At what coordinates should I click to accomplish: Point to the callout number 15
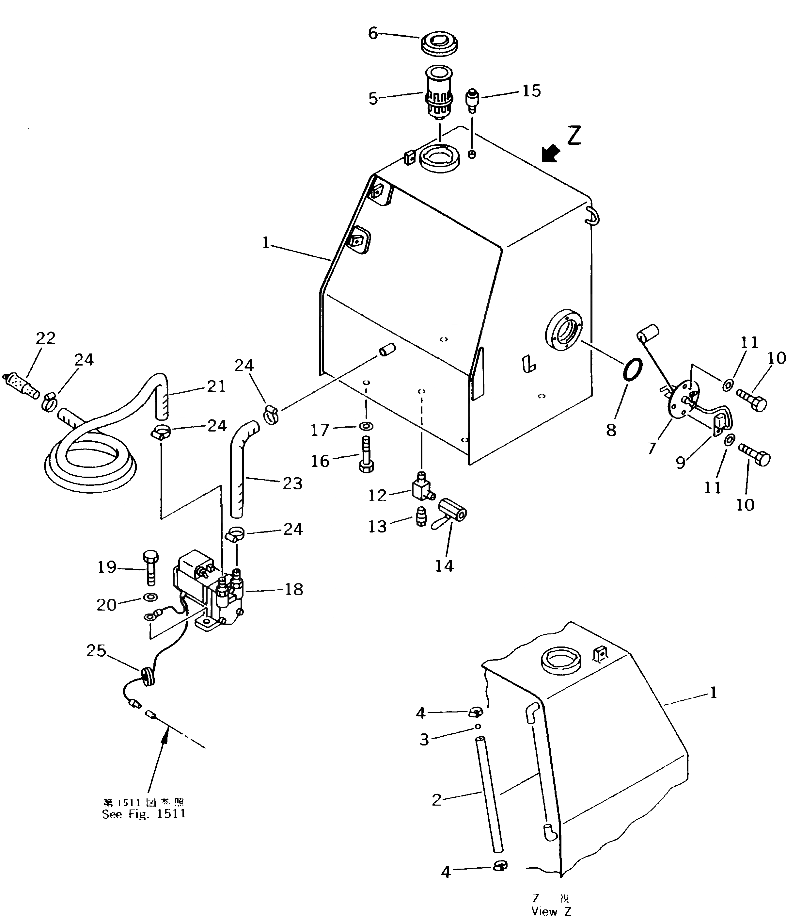coord(531,91)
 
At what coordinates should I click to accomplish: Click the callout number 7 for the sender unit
coord(652,448)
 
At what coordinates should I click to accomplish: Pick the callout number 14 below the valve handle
coord(444,565)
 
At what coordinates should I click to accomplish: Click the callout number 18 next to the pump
coord(294,589)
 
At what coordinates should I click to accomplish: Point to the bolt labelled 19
coord(150,568)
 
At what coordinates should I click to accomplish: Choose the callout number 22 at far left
coord(45,338)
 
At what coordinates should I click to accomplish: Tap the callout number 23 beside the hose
coord(292,483)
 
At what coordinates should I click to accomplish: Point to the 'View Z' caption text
coord(551,911)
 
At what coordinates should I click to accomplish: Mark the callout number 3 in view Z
coord(424,740)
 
